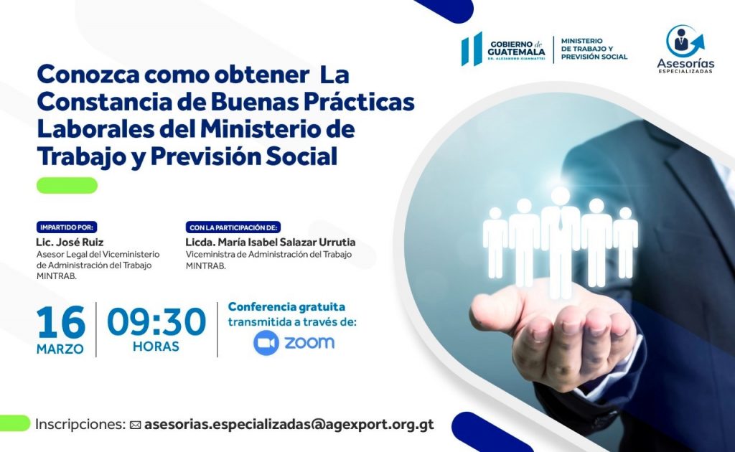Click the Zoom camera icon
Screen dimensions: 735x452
click(x=266, y=343)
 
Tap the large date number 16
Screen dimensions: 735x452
click(x=61, y=322)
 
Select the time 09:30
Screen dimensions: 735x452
click(x=156, y=322)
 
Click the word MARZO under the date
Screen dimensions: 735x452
click(x=60, y=349)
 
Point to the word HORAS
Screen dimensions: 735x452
click(x=156, y=347)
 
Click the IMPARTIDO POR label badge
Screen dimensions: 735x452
click(x=67, y=227)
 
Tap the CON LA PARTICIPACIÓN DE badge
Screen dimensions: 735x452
click(x=233, y=227)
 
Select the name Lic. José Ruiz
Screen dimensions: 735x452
click(x=70, y=243)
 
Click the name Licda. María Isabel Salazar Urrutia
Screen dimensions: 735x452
click(x=271, y=243)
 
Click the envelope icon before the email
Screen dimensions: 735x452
click(x=136, y=425)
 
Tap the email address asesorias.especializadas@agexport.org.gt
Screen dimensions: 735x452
click(x=289, y=424)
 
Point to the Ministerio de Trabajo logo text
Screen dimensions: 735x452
click(x=594, y=49)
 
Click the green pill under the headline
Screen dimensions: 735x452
click(x=67, y=186)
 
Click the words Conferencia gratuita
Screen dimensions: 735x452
click(x=286, y=307)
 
